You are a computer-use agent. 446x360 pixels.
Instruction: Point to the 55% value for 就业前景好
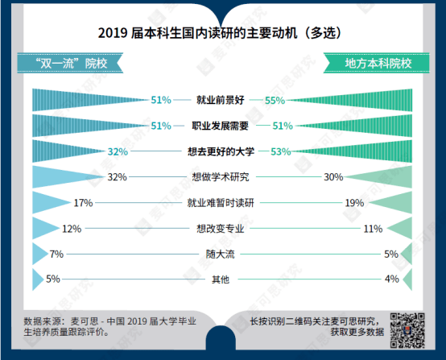[275, 101]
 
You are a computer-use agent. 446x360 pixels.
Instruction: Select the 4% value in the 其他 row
[392, 279]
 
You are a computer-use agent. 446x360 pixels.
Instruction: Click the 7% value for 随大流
[56, 254]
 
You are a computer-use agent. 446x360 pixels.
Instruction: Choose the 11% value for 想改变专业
[372, 229]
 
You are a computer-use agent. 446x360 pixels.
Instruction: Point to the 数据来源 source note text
[109, 326]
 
